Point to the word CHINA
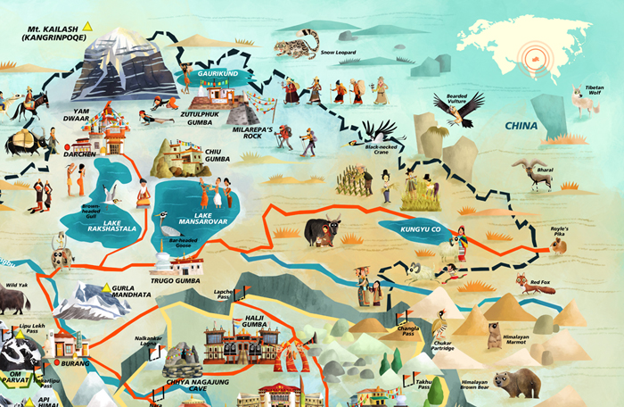click(x=521, y=126)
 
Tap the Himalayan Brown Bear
click(x=518, y=385)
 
